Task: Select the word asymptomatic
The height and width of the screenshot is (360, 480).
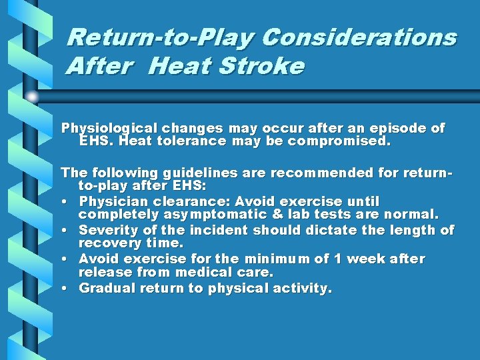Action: click(x=201, y=215)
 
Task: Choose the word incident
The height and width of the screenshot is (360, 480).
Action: click(x=219, y=230)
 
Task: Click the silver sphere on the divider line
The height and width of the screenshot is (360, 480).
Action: click(x=32, y=97)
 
